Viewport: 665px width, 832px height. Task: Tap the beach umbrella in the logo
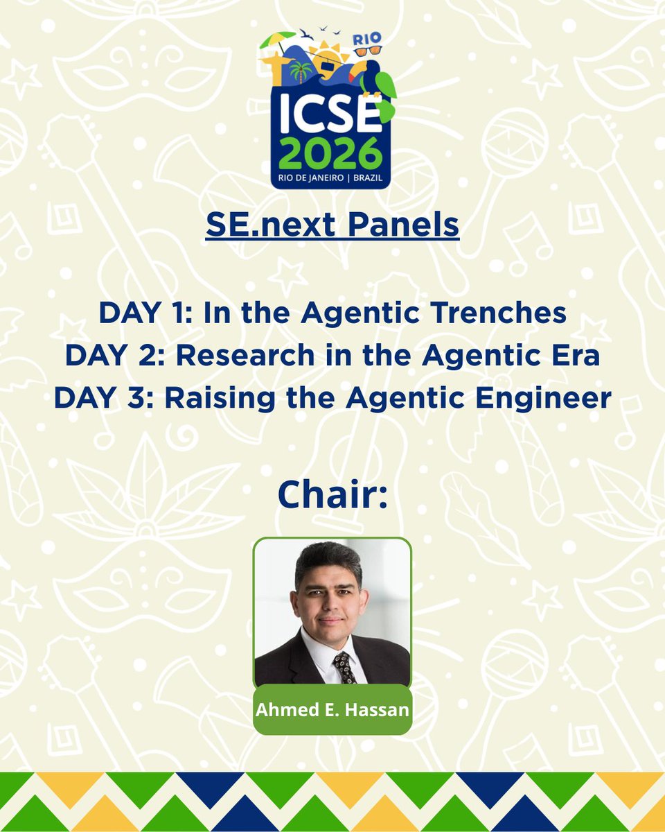click(278, 39)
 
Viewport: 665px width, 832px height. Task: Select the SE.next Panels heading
click(332, 225)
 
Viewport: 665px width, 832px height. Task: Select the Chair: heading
click(332, 494)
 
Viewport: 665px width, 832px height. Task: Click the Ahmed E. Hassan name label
click(332, 711)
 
